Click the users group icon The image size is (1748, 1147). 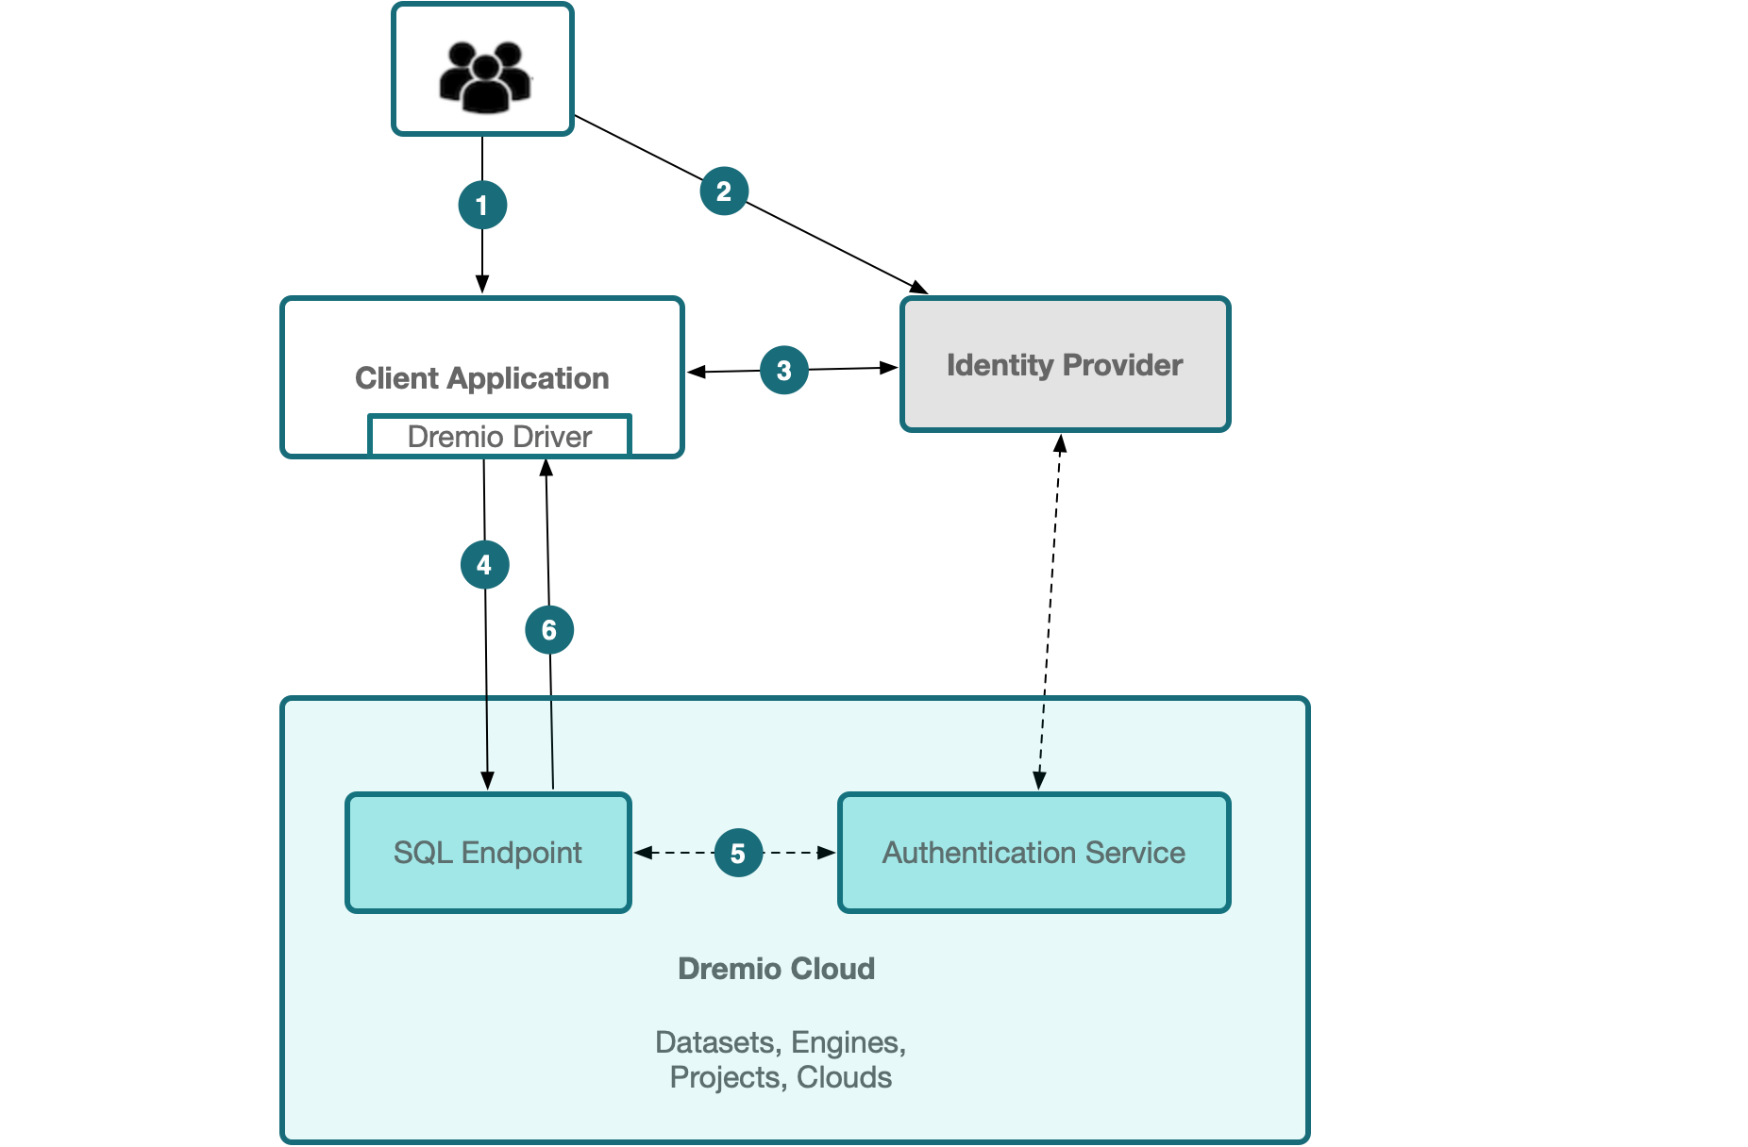coord(484,75)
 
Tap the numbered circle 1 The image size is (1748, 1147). coord(482,205)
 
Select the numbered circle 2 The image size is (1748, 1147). coord(724,191)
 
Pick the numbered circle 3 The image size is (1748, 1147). coord(784,370)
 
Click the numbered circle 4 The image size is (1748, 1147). coord(484,564)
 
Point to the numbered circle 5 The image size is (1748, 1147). coord(738,853)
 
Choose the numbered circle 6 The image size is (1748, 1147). coord(549,629)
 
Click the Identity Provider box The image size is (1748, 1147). coord(1065,365)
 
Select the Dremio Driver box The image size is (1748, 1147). coord(499,436)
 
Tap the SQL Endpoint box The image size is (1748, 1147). coord(488,853)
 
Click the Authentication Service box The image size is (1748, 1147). coord(1034,853)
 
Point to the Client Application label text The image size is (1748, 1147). coord(481,378)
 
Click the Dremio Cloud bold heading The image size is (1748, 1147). coord(776,969)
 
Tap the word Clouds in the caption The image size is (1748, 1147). coord(844,1077)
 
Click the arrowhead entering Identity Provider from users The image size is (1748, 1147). coord(918,287)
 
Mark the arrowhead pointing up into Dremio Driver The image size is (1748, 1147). coord(546,467)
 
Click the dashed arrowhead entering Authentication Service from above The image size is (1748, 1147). coord(1039,781)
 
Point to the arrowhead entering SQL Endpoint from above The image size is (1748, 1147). coord(487,781)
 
